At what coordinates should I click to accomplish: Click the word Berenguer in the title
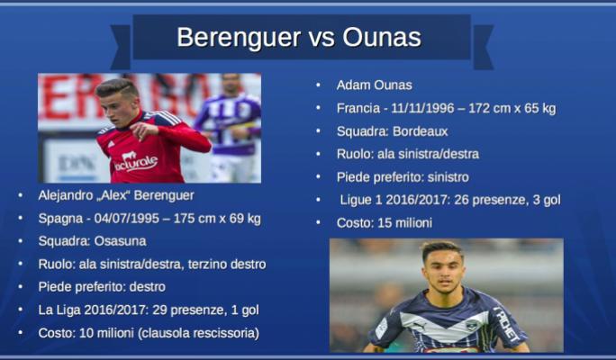(x=239, y=38)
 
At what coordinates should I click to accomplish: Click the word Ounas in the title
(x=382, y=37)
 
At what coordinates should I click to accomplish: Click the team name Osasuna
(x=120, y=241)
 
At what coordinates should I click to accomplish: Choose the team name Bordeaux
(x=420, y=131)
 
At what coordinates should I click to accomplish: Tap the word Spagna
(x=60, y=219)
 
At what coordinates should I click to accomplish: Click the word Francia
(x=358, y=108)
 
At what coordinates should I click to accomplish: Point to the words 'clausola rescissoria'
(x=198, y=333)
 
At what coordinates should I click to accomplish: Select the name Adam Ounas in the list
(x=374, y=85)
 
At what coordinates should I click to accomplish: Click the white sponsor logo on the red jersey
(x=135, y=161)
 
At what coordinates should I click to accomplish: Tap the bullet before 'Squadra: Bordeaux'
(x=318, y=131)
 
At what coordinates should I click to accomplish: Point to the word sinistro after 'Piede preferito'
(x=448, y=177)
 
